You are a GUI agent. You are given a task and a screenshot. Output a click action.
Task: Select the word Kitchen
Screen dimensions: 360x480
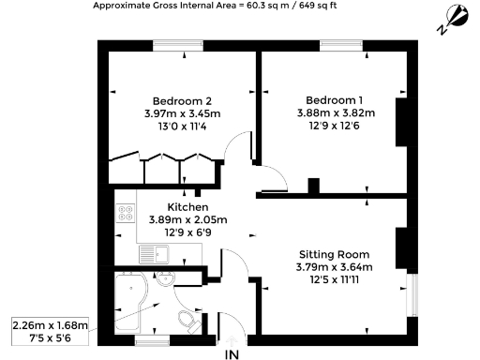[187, 207]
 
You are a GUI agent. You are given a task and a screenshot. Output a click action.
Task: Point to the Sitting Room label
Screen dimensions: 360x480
[335, 254]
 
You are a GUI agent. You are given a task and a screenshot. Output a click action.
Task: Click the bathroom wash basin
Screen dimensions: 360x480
[166, 279]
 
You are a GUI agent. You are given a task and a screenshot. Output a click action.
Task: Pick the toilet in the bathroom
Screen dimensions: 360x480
[187, 322]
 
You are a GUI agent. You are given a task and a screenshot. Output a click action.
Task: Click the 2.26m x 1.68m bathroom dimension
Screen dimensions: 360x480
[50, 325]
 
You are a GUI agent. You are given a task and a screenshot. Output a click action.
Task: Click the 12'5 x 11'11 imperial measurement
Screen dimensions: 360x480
[335, 280]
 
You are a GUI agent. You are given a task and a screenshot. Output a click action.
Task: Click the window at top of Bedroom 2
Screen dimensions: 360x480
[176, 44]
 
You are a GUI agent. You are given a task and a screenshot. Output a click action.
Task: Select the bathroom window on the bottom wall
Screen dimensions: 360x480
[150, 340]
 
